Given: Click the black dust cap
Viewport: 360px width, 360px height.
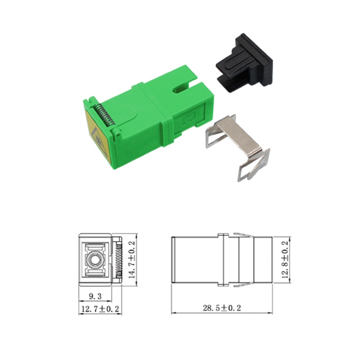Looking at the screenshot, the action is pyautogui.click(x=244, y=63).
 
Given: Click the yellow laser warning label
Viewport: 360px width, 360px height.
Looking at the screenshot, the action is pyautogui.click(x=96, y=133).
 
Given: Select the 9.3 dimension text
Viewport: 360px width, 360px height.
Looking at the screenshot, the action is pyautogui.click(x=95, y=297).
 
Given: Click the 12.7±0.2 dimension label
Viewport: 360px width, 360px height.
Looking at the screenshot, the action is pyautogui.click(x=100, y=309).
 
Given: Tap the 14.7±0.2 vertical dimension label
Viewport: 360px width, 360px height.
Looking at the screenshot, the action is pyautogui.click(x=132, y=260).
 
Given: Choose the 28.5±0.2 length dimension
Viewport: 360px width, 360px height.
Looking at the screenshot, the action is pyautogui.click(x=222, y=308).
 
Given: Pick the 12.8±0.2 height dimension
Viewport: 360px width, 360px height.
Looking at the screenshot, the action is pyautogui.click(x=285, y=260).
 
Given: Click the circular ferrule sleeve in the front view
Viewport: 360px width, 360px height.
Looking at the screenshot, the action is pyautogui.click(x=95, y=260).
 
